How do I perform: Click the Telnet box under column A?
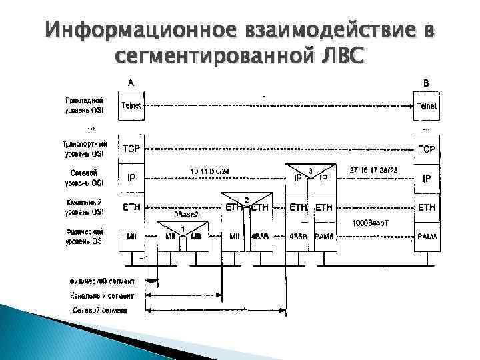131,105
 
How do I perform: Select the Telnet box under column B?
427,105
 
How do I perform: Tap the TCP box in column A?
131,149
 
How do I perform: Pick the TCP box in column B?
427,149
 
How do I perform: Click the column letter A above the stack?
131,83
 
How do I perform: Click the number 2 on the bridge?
247,200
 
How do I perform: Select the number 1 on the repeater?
183,228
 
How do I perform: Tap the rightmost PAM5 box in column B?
427,237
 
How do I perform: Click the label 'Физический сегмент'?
102,281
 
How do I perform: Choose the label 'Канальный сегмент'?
102,295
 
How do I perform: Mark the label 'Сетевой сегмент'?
100,311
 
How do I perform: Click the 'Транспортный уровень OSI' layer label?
84,148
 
